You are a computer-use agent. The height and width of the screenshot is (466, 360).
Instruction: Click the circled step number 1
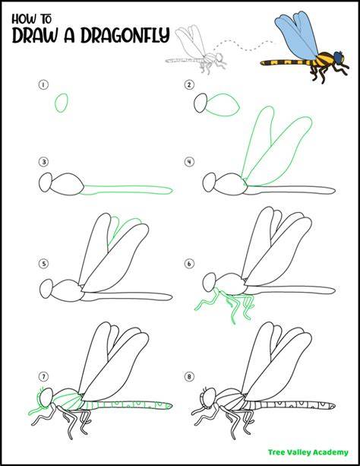[x=43, y=84]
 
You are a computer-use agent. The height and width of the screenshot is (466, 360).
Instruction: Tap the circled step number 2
[x=189, y=84]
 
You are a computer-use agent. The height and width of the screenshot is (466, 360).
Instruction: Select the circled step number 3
[x=43, y=162]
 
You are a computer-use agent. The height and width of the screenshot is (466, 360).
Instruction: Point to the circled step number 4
[x=189, y=162]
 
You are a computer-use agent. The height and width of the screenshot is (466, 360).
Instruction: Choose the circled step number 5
[x=43, y=264]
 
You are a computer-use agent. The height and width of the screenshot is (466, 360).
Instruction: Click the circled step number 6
[x=189, y=264]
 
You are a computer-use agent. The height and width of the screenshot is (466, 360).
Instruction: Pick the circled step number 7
[x=43, y=377]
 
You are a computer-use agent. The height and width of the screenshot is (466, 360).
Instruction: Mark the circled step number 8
[x=189, y=377]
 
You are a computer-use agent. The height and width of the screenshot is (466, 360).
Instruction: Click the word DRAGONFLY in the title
[x=125, y=36]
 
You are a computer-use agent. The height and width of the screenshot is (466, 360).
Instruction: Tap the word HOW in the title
[x=23, y=19]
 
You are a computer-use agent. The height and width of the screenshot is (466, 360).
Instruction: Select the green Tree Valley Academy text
[x=308, y=452]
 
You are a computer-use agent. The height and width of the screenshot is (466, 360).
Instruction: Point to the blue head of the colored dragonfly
[x=339, y=56]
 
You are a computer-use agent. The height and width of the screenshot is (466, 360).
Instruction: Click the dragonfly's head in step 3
[x=46, y=182]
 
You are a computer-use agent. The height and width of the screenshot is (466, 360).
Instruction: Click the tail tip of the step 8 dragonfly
[x=334, y=406]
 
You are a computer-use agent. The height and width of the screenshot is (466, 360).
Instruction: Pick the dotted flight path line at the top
[x=243, y=46]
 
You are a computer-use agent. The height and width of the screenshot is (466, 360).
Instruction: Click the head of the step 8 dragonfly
[x=210, y=398]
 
